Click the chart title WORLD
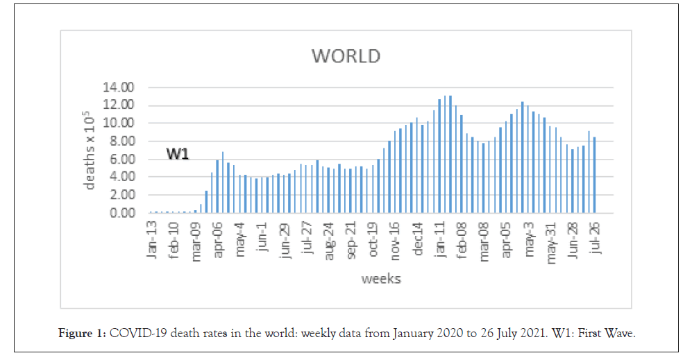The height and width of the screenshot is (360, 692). [x=346, y=55]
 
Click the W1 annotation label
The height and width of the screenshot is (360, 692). [x=178, y=154]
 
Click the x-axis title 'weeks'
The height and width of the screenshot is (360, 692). [x=380, y=279]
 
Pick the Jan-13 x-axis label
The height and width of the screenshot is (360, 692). [x=153, y=240]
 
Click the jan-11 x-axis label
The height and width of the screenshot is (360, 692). [x=440, y=240]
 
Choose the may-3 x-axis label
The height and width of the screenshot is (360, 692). [x=529, y=240]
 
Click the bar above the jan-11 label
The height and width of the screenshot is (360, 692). [x=439, y=156]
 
